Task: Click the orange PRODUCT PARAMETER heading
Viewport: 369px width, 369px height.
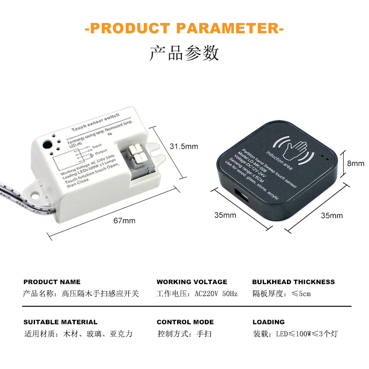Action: coord(184,28)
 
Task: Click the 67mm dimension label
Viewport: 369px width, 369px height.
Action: coord(125,220)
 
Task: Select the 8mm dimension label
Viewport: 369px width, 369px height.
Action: coord(356,163)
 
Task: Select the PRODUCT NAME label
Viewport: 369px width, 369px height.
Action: coord(52,282)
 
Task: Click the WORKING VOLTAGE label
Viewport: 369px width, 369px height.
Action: coord(192,282)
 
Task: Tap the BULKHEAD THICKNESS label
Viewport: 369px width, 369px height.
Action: coord(293,282)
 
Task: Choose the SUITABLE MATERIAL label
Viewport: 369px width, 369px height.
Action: coord(60,322)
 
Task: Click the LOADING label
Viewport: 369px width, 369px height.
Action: coord(268,322)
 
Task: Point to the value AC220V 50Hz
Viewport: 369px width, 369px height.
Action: coord(216,294)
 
